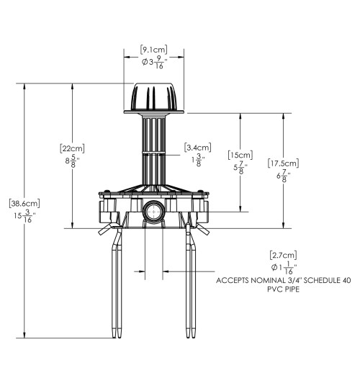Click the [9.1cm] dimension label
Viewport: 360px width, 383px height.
154,50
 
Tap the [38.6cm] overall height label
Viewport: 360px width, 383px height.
24,203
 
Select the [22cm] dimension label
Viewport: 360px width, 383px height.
72,148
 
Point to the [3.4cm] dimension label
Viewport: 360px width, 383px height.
198,148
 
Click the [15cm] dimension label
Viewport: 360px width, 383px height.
240,155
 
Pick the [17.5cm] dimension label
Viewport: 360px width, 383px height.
283,163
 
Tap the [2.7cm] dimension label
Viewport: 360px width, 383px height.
283,256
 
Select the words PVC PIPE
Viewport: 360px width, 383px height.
283,289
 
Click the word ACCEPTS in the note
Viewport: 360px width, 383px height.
233,280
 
